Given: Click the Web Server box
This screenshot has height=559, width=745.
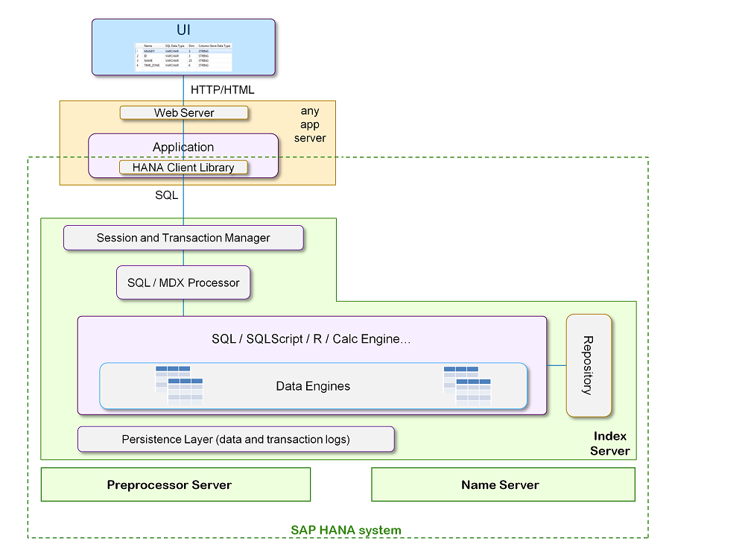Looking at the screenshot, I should pyautogui.click(x=184, y=113).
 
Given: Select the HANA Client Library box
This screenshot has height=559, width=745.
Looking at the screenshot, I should pyautogui.click(x=183, y=168).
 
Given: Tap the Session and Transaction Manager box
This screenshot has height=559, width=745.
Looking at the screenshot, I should pyautogui.click(x=183, y=238).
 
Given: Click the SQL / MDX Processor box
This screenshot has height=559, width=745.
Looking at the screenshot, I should pyautogui.click(x=183, y=282).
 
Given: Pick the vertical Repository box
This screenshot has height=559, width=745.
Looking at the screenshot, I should pyautogui.click(x=589, y=365).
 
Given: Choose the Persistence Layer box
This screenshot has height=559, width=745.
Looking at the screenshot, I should pyautogui.click(x=235, y=439).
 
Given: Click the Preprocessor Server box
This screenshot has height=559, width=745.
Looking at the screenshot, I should pyautogui.click(x=176, y=484).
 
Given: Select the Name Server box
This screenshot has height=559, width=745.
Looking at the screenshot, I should pyautogui.click(x=503, y=484).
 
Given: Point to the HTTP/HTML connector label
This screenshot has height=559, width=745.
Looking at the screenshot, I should pyautogui.click(x=223, y=89).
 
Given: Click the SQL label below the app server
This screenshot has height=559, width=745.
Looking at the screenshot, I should pyautogui.click(x=166, y=195).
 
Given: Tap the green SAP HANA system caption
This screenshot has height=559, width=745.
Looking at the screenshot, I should pyautogui.click(x=346, y=530).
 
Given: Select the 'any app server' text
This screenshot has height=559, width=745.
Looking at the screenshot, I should pyautogui.click(x=310, y=124).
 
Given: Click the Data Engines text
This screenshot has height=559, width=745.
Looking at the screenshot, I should pyautogui.click(x=313, y=386).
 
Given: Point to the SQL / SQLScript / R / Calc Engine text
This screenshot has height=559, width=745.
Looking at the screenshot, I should pyautogui.click(x=311, y=339).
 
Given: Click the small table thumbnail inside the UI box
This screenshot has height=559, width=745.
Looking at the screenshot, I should pyautogui.click(x=183, y=56).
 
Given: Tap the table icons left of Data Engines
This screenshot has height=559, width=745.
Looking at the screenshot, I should pyautogui.click(x=179, y=385).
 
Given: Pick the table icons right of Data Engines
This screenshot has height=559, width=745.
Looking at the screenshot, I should pyautogui.click(x=467, y=385).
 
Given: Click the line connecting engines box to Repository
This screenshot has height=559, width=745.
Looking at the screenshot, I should pyautogui.click(x=557, y=365).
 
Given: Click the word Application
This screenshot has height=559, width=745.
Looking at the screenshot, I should pyautogui.click(x=183, y=147).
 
